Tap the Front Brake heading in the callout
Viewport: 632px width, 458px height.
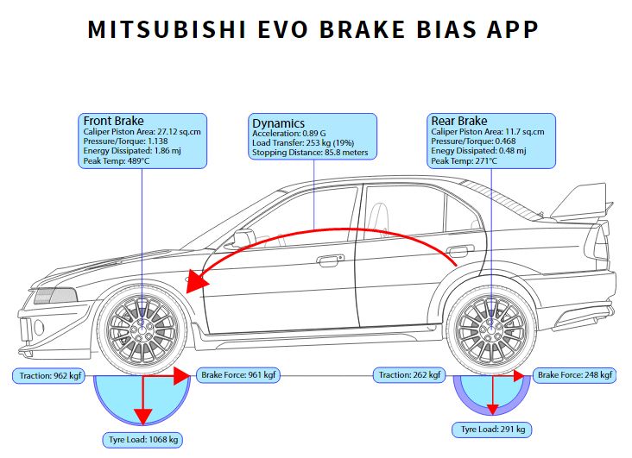tap(113, 121)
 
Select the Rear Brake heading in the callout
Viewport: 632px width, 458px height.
tap(459, 121)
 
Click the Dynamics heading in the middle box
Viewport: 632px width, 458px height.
tap(278, 123)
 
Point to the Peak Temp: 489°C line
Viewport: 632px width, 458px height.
tap(116, 160)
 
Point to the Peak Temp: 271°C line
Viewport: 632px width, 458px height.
tap(464, 160)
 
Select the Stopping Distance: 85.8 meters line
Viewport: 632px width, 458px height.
tap(310, 153)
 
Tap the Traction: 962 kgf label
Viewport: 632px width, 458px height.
tap(51, 376)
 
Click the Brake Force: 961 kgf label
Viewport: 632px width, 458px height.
tap(238, 375)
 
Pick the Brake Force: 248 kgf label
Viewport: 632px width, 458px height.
tap(574, 375)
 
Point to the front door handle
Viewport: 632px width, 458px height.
tap(329, 259)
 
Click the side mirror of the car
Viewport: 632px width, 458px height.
tap(243, 237)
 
